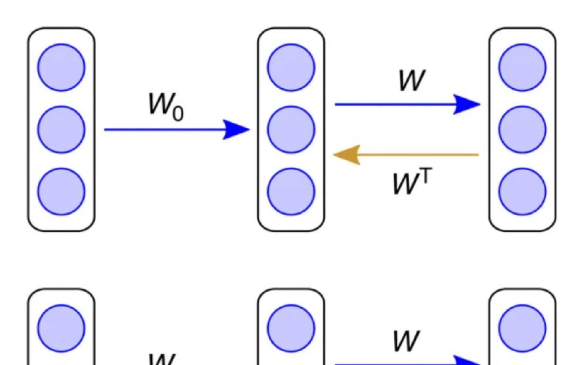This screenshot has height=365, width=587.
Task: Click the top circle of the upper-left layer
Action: (x=61, y=67)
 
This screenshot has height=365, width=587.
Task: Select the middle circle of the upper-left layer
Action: (x=61, y=129)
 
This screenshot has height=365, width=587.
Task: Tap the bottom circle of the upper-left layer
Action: (x=61, y=191)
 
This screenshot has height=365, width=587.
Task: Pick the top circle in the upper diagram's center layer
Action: (x=291, y=67)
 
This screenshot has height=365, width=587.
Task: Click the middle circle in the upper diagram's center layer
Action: (x=291, y=129)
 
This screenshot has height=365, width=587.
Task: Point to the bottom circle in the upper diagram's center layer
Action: (x=291, y=191)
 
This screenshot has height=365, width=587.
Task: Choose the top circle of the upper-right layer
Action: (x=522, y=67)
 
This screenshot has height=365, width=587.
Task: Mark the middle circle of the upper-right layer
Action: (x=522, y=129)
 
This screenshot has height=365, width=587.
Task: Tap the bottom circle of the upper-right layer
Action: (x=522, y=191)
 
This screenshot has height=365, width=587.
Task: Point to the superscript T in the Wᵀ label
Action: (x=426, y=175)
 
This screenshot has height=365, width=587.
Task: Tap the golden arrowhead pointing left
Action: (x=348, y=155)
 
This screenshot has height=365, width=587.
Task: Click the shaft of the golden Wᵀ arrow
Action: (x=420, y=155)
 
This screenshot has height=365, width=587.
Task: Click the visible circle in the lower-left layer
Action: (x=61, y=328)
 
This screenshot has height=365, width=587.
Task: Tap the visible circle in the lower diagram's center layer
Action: (x=291, y=328)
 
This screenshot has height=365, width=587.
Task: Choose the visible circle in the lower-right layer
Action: (x=522, y=328)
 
